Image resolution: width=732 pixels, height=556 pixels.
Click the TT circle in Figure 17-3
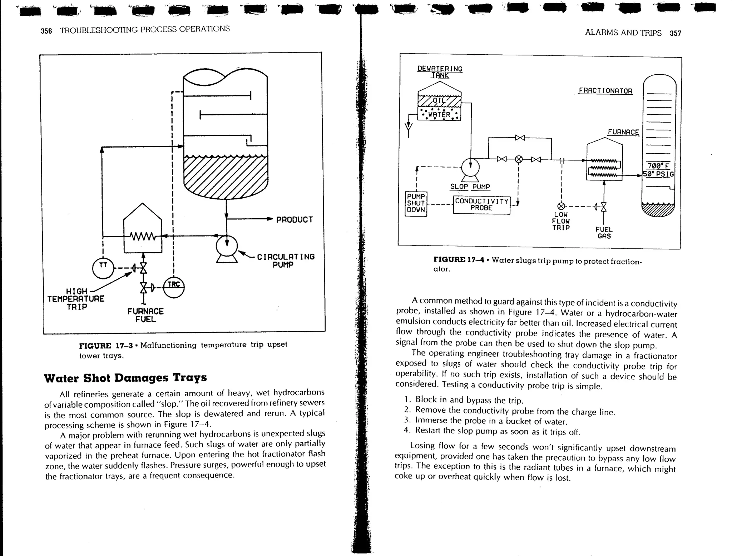pyautogui.click(x=103, y=268)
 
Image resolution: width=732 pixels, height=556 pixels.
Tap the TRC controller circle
pyautogui.click(x=174, y=287)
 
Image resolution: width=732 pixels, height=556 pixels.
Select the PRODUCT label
pyautogui.click(x=295, y=220)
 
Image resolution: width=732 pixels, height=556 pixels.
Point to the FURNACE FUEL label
pyautogui.click(x=145, y=315)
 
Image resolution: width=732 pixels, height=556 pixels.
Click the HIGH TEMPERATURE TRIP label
pyautogui.click(x=76, y=299)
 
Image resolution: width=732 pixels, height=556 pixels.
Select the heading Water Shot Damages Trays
pyautogui.click(x=125, y=378)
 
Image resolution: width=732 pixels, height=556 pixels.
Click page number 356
pyautogui.click(x=46, y=31)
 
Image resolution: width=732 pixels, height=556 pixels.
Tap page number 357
pyautogui.click(x=675, y=33)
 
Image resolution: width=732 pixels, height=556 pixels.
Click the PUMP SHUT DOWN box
pyautogui.click(x=416, y=203)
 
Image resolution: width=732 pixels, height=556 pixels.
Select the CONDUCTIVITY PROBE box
pyautogui.click(x=481, y=205)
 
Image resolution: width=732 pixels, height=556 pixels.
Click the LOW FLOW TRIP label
pyautogui.click(x=560, y=221)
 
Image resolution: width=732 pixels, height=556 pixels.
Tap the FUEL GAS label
pyautogui.click(x=604, y=233)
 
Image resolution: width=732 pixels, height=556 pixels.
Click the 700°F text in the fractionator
pyautogui.click(x=658, y=166)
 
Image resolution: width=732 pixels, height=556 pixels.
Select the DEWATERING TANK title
pyautogui.click(x=440, y=72)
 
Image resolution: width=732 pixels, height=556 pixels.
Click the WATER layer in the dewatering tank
pyautogui.click(x=439, y=115)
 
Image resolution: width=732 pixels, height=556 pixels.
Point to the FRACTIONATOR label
pyautogui.click(x=605, y=91)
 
